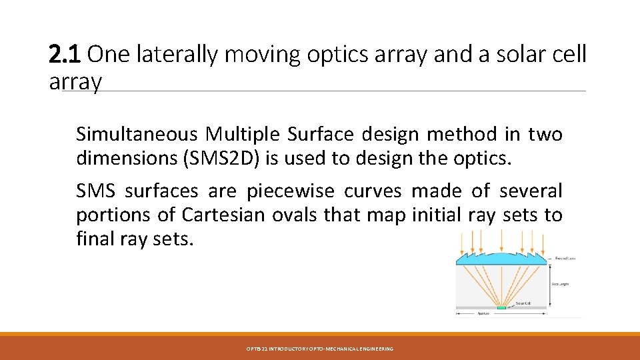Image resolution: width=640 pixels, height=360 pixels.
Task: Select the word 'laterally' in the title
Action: click(x=177, y=55)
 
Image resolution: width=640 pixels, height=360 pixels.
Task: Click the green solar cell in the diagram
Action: click(x=501, y=307)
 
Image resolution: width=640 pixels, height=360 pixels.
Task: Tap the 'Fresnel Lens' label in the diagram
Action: click(x=565, y=258)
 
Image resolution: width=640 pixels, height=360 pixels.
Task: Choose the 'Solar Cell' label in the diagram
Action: click(x=523, y=303)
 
